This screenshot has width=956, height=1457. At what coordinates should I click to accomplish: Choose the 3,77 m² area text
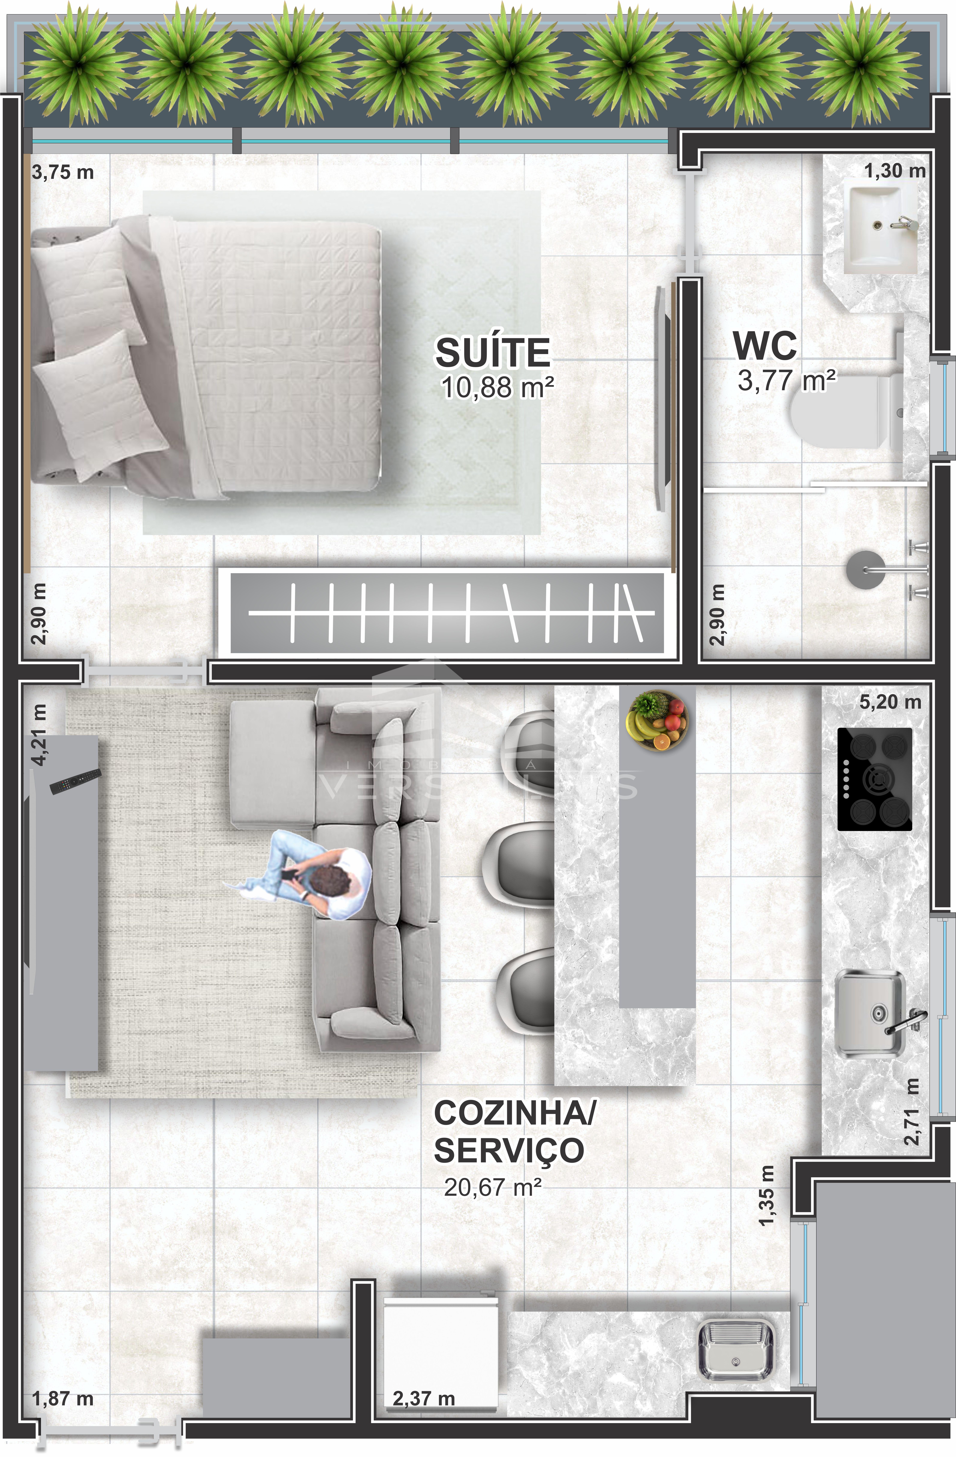click(786, 381)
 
